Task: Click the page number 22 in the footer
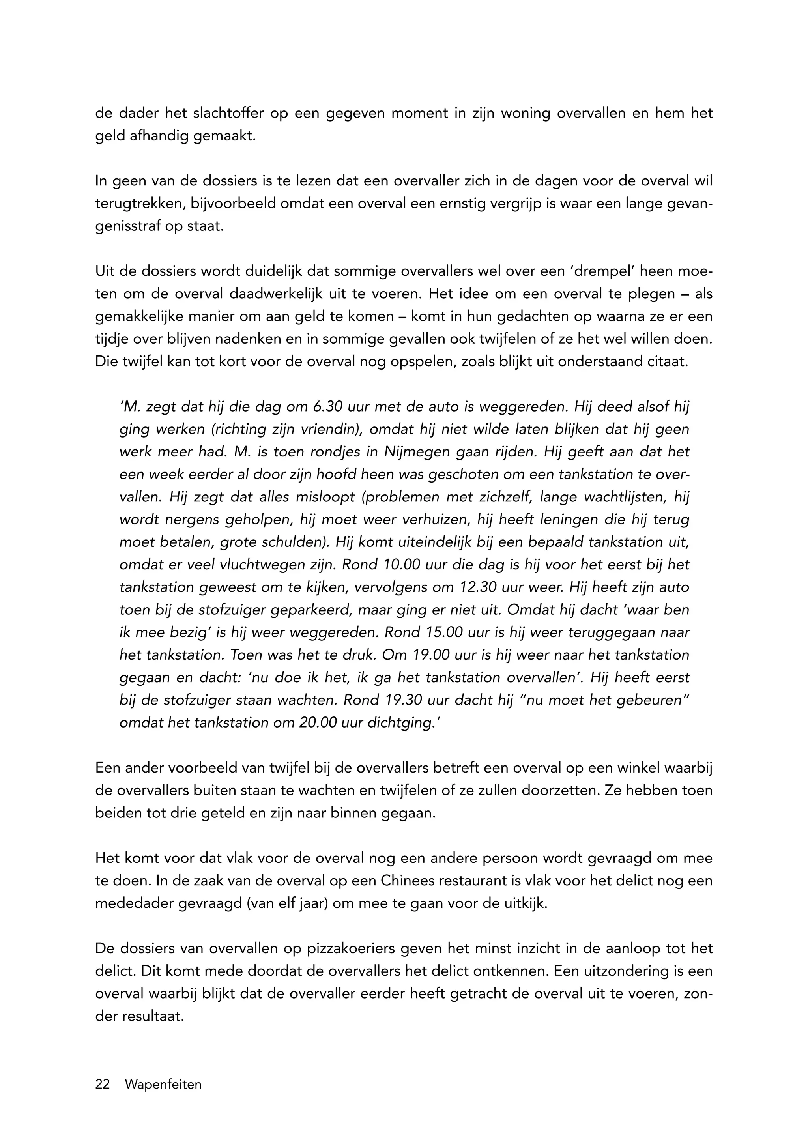[103, 1084]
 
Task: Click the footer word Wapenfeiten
[163, 1084]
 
